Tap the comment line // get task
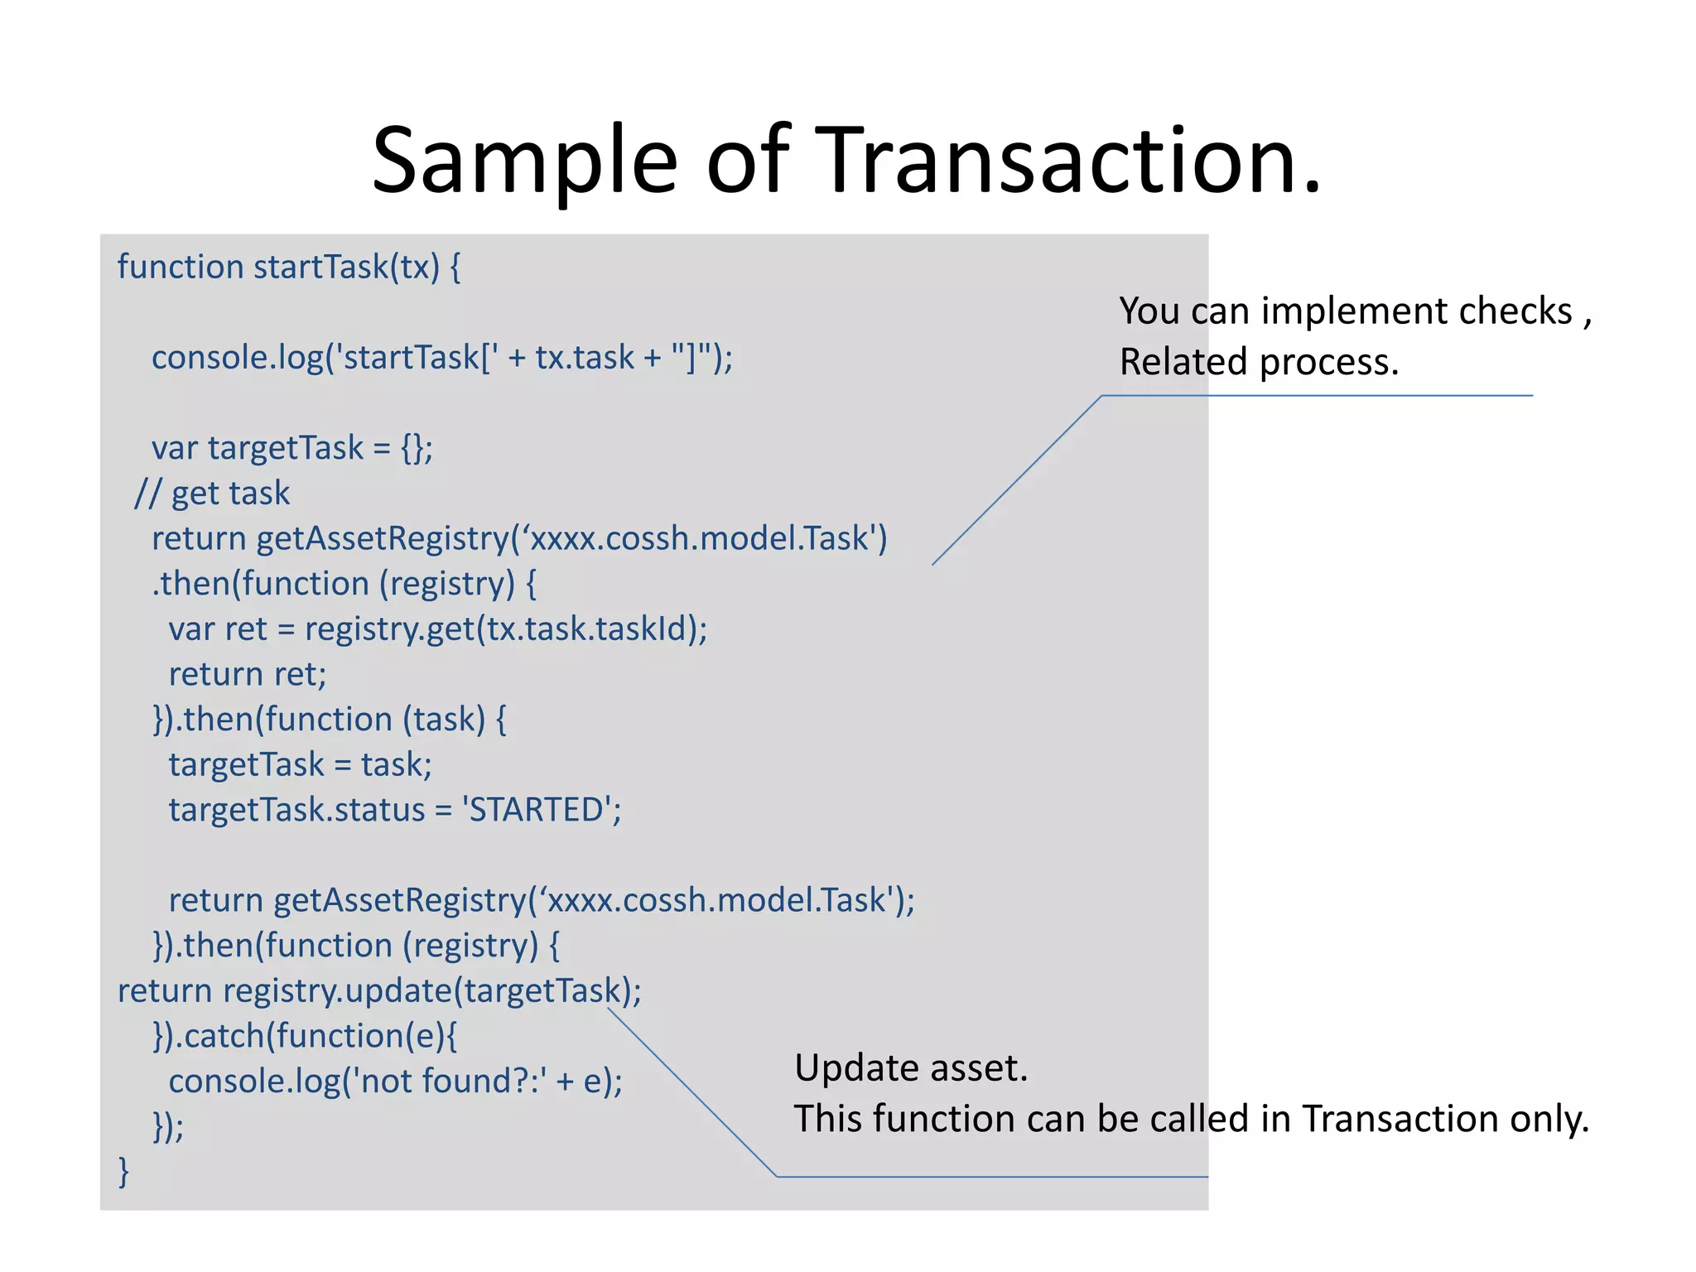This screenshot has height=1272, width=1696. pyautogui.click(x=213, y=494)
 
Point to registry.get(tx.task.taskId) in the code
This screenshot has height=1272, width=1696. pyautogui.click(x=504, y=629)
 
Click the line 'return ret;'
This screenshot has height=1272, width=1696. pyautogui.click(x=248, y=674)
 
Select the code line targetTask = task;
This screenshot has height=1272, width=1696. pyautogui.click(x=300, y=764)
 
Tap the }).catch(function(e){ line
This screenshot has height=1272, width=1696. pyautogui.click(x=305, y=1036)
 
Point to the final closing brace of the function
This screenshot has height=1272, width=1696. pyautogui.click(x=124, y=1171)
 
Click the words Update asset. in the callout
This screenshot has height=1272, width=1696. pyautogui.click(x=911, y=1068)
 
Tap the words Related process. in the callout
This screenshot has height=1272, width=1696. pyautogui.click(x=1259, y=362)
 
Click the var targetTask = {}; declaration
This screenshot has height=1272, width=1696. pyautogui.click(x=291, y=448)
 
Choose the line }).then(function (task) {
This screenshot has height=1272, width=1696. pyautogui.click(x=329, y=720)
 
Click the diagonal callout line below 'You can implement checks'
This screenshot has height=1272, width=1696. pyautogui.click(x=1017, y=480)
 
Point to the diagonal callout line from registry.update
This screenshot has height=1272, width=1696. pyautogui.click(x=692, y=1092)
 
